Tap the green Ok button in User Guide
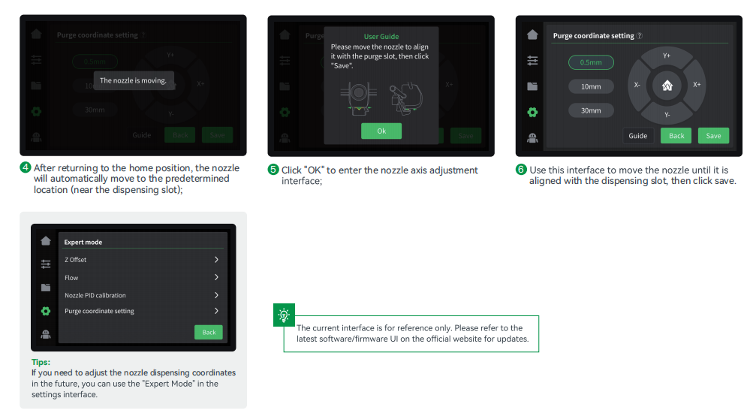pos(381,131)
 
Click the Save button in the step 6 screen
pos(713,136)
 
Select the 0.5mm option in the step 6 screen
pos(591,62)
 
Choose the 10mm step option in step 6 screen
pos(591,87)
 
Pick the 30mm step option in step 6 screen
pos(591,110)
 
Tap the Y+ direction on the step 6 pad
pos(667,56)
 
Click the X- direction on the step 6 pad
pos(637,85)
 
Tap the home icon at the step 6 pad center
pos(667,86)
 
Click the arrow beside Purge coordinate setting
pos(216,311)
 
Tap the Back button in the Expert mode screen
pos(208,332)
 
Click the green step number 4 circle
pos(26,167)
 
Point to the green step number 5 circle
pos(273,170)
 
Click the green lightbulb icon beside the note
pos(284,315)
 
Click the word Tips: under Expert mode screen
pos(41,362)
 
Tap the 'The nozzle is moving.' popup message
pos(133,80)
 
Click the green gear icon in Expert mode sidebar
pos(46,311)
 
